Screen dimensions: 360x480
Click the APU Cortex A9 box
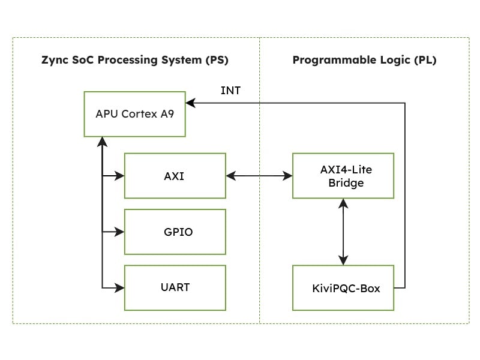(x=134, y=113)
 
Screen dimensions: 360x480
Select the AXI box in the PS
(x=175, y=176)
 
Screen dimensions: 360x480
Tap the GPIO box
(x=175, y=232)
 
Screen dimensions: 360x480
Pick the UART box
(x=175, y=287)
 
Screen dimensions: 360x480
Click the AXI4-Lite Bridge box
(x=343, y=176)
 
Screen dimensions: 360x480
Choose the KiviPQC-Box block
(x=343, y=288)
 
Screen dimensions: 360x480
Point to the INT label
(x=230, y=91)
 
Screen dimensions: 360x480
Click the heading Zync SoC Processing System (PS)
(x=135, y=61)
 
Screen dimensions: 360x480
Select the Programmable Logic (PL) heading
(x=364, y=61)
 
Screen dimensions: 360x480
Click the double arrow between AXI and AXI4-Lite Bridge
(x=259, y=176)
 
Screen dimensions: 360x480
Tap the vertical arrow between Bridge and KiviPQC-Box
(x=343, y=232)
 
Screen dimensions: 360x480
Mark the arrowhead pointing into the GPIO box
(x=120, y=232)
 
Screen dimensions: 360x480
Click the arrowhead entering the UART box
(x=120, y=287)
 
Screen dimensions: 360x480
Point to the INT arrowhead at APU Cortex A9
(x=190, y=103)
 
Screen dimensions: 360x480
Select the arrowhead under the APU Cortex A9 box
(x=103, y=141)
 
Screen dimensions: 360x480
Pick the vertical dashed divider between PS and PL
(x=259, y=252)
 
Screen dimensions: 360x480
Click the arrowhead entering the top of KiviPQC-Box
(x=343, y=260)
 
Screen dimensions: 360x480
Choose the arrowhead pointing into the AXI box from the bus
(x=120, y=176)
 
